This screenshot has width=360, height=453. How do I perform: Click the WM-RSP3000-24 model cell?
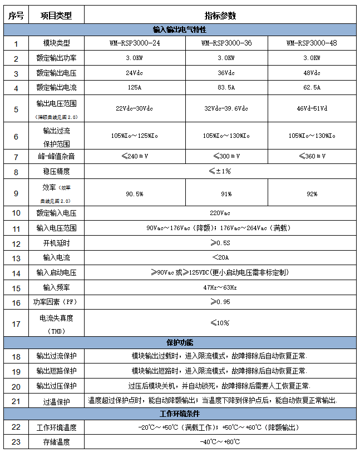tap(135, 43)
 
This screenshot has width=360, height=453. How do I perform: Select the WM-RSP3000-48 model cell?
tap(311, 43)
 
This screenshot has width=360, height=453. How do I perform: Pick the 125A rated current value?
tap(135, 87)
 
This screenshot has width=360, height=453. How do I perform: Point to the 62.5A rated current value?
tap(311, 87)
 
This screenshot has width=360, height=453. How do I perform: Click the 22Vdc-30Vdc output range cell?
tap(135, 108)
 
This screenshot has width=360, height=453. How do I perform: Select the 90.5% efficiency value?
tap(135, 194)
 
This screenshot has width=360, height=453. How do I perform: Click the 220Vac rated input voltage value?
tap(220, 213)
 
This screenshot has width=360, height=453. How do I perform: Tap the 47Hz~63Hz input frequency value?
tap(220, 287)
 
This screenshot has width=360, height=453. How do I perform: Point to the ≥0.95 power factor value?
tap(220, 302)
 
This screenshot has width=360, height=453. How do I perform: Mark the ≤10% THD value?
tap(220, 323)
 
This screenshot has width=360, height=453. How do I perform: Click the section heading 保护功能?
tap(180, 342)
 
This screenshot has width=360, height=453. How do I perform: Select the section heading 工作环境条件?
tap(180, 414)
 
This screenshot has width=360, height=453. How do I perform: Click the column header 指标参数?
tap(220, 16)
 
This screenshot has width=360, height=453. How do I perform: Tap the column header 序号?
tap(16, 16)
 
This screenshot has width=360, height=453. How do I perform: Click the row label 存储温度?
tap(56, 442)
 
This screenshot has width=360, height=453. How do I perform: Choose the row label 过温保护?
tap(56, 401)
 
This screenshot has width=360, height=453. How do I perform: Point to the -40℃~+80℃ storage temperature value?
tap(220, 442)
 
